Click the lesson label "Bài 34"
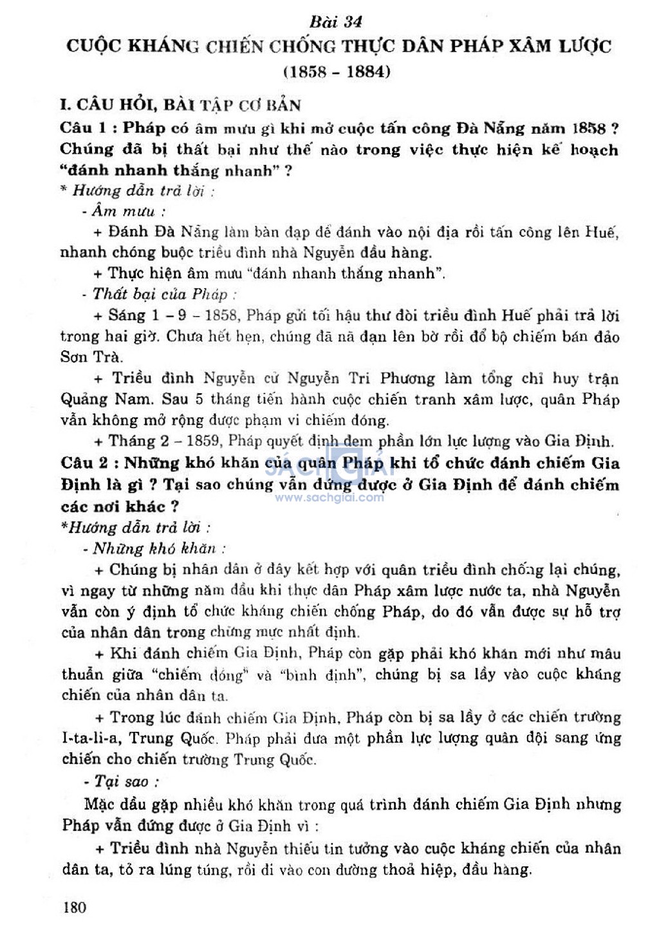[335, 22]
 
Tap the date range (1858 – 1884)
[337, 71]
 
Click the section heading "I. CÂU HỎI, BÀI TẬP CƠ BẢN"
[180, 105]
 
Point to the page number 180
[75, 907]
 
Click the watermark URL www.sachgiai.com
[329, 497]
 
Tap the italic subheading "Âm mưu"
[123, 211]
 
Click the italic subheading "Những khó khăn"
[154, 548]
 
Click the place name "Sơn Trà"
[91, 357]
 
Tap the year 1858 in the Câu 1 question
[588, 128]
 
